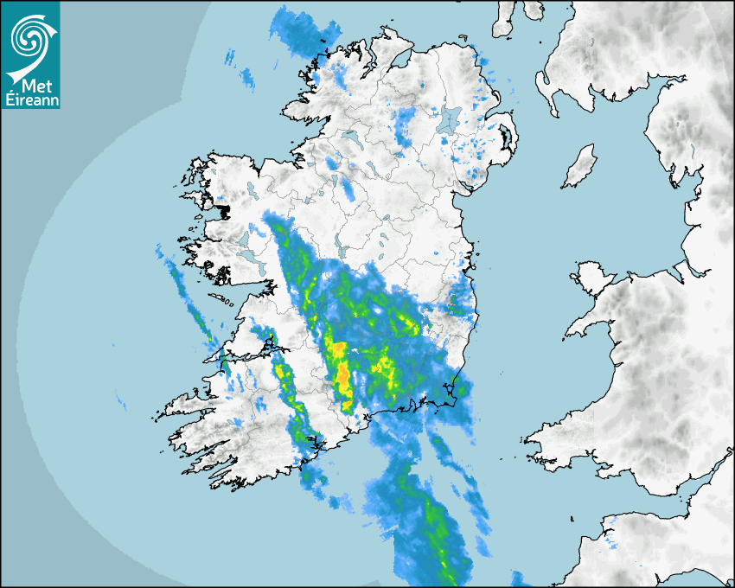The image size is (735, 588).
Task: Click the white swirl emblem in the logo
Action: point(29,36)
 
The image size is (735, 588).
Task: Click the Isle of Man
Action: point(579,166)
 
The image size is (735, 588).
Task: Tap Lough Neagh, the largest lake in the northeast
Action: point(449,118)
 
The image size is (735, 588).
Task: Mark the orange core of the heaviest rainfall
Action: point(342,377)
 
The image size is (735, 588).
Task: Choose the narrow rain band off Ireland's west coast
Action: point(190,303)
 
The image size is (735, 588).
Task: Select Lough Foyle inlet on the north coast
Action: point(398,61)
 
